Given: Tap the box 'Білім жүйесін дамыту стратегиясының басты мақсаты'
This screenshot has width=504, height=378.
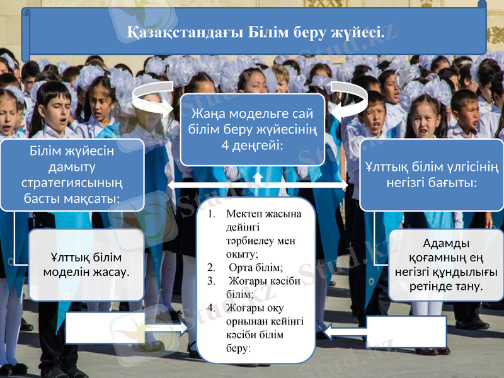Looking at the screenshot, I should [x=72, y=175].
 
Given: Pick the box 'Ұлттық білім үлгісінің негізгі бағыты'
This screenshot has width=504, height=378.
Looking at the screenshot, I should [x=432, y=175].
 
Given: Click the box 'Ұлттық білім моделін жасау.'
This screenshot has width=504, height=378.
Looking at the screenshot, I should [x=86, y=265].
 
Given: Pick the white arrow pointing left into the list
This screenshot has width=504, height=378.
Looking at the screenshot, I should [x=344, y=329].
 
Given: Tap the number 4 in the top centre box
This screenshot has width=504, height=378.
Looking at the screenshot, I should [x=216, y=146].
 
